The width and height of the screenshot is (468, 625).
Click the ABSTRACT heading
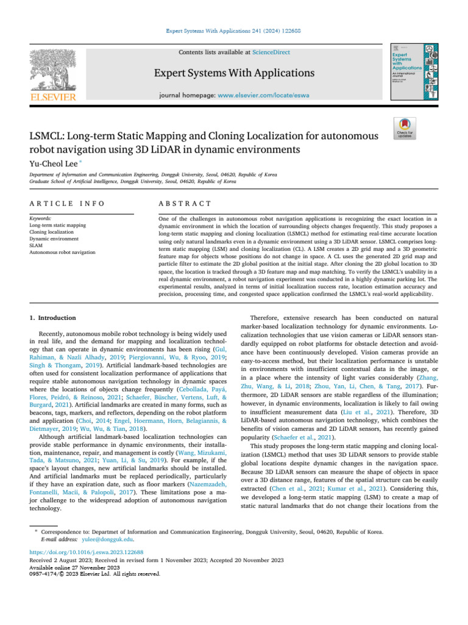point(185,203)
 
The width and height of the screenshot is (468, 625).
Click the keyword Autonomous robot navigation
point(62,251)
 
